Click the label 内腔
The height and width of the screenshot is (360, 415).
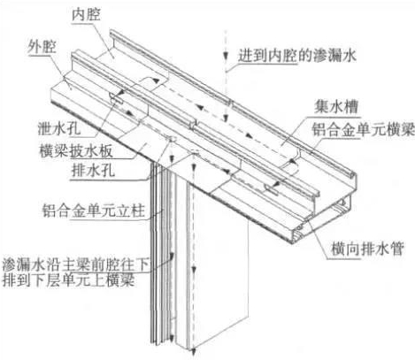tap(86, 15)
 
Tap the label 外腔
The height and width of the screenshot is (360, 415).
tap(42, 47)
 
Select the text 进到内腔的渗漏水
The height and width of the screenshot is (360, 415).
tap(297, 55)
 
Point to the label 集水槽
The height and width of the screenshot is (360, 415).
tap(336, 106)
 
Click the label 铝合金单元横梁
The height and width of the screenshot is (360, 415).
tap(364, 129)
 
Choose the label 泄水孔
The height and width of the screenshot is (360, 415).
tap(59, 128)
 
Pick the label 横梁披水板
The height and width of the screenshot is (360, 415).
tap(76, 151)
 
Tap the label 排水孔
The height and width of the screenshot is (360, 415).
tap(93, 171)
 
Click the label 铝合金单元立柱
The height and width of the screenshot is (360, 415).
tap(94, 211)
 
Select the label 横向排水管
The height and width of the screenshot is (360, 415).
tap(367, 249)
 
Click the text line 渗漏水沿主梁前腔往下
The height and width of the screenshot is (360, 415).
tap(75, 264)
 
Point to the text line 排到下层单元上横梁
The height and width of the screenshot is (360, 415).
tap(68, 280)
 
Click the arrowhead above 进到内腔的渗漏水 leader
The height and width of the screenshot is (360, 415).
tap(226, 55)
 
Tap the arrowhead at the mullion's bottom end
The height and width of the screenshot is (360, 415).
tap(194, 352)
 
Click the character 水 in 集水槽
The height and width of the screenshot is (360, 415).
tap(336, 106)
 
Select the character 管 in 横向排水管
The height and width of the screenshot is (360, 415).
tap(397, 249)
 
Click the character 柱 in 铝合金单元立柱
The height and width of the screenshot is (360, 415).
tap(138, 211)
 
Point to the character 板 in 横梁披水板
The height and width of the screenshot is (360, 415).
tap(106, 151)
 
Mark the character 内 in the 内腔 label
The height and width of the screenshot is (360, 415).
tap(79, 15)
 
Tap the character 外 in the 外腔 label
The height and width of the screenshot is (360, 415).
tap(35, 47)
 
